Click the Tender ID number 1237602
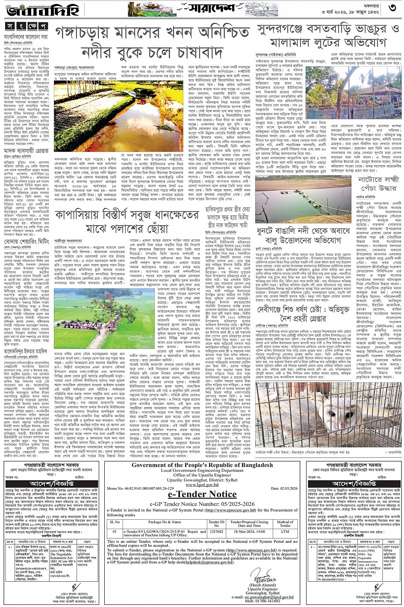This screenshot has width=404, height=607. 215,531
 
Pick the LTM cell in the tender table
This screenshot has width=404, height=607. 285,531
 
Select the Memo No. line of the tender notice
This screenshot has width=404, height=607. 137,488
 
